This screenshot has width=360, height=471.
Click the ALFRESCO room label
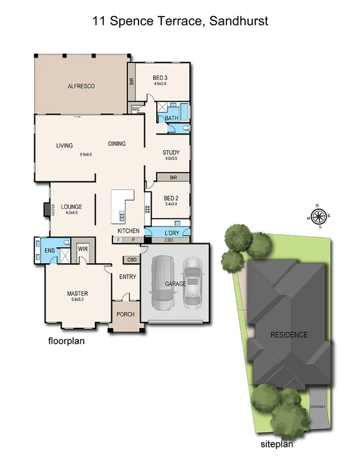coord(81,86)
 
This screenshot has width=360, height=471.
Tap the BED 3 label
coord(160,78)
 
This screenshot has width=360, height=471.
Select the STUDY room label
coord(171,153)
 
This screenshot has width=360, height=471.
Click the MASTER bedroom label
coord(78,293)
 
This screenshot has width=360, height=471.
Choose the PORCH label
coord(125,314)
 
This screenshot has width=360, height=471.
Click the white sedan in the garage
coord(193,283)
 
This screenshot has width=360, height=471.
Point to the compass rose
coord(319,217)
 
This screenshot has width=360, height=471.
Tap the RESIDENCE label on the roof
coord(289,335)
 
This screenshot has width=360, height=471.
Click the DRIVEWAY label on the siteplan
coord(318,407)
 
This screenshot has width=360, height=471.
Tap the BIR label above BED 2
coord(173,177)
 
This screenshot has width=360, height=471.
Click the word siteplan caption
coord(276,445)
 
